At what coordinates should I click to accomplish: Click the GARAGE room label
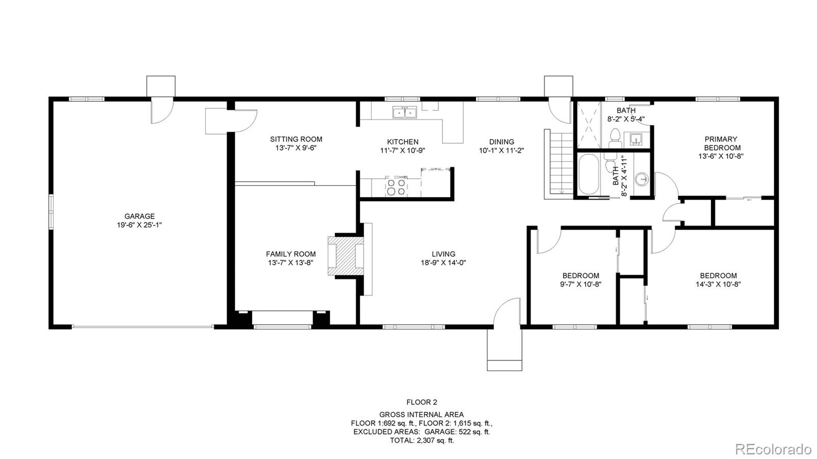point(139,216)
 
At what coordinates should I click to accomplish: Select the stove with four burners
point(396,186)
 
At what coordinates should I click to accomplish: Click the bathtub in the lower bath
point(589,174)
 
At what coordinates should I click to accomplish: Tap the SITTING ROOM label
point(296,139)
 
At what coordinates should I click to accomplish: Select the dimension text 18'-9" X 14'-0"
point(443,262)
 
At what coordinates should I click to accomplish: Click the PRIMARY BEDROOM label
point(720,143)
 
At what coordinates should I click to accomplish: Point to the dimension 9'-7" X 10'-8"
point(580,284)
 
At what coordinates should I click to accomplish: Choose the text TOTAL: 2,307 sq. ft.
point(422,441)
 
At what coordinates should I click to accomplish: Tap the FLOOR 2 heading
point(422,402)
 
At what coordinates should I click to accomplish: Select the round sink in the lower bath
point(642,179)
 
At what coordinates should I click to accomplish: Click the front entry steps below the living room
point(504,350)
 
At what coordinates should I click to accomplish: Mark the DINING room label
point(501,142)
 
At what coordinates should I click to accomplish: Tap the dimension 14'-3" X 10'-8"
point(718,284)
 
